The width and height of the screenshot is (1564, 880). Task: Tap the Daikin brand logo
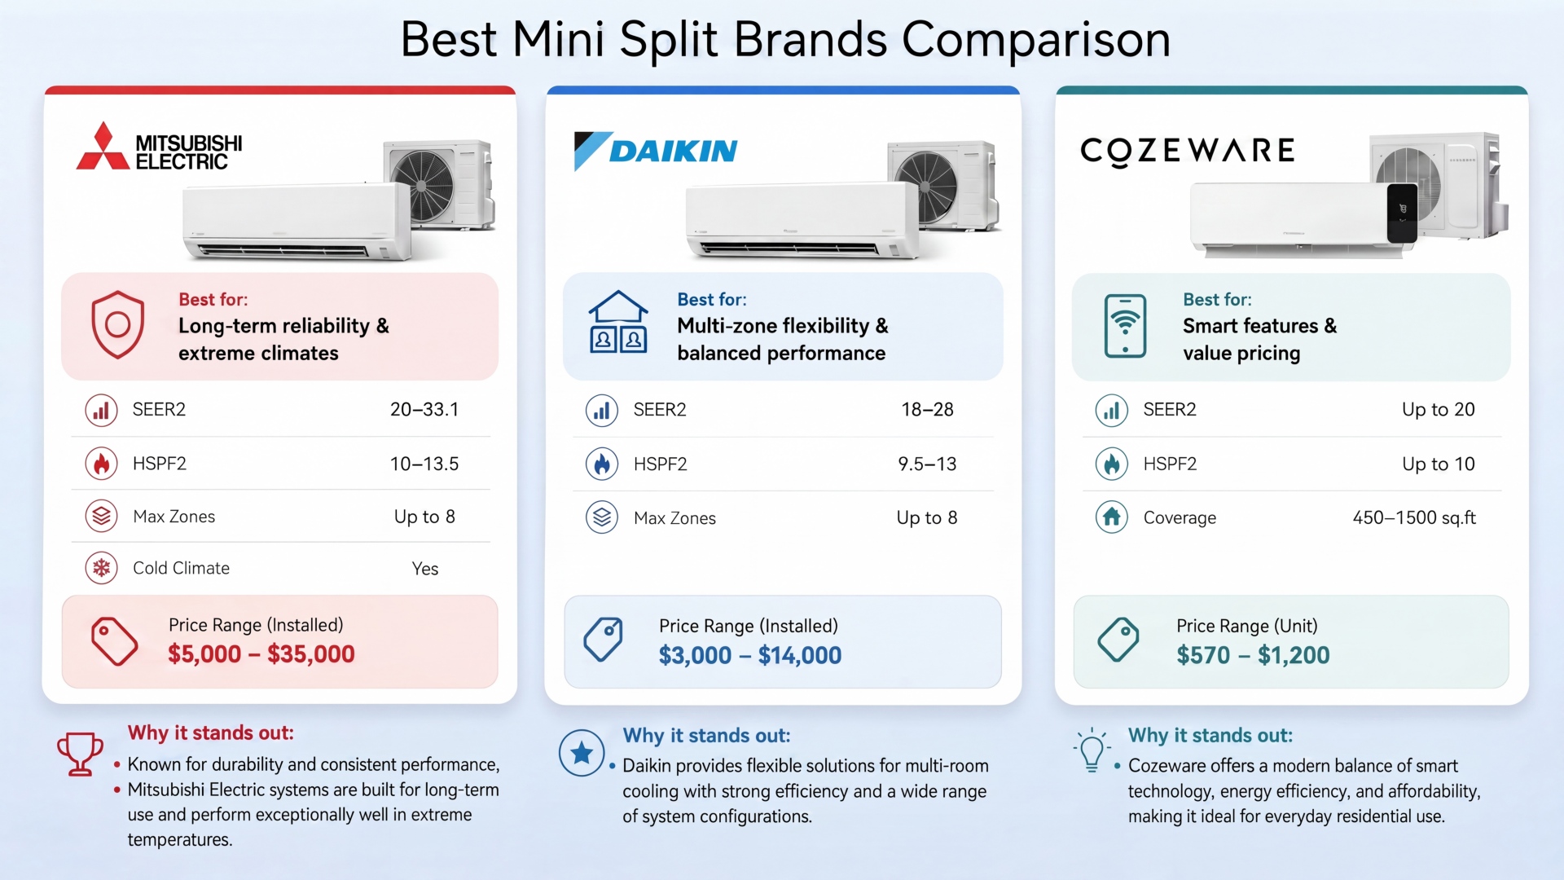(x=656, y=151)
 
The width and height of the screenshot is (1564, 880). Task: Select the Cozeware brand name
(x=1187, y=151)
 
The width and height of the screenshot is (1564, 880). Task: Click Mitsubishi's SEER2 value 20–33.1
(x=424, y=409)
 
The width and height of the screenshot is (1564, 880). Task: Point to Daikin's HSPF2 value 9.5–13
(x=927, y=464)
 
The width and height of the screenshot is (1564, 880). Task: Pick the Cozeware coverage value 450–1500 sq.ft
(x=1414, y=517)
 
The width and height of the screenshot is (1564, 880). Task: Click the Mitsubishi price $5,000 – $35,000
(x=261, y=653)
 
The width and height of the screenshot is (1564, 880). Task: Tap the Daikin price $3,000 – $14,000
(x=750, y=655)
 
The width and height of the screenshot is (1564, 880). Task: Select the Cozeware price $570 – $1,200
(x=1253, y=655)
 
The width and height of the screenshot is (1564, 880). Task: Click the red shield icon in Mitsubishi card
(x=118, y=324)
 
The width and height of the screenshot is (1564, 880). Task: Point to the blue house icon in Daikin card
(x=618, y=322)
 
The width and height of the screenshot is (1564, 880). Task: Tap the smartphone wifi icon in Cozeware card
(x=1125, y=326)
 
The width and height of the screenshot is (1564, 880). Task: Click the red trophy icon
(x=80, y=754)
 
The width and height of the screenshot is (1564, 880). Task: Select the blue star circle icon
(x=582, y=753)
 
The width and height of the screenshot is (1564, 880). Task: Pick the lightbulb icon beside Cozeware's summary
(x=1092, y=750)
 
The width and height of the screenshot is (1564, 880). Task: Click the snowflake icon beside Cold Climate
(x=102, y=568)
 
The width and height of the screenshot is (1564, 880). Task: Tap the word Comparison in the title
(x=1036, y=39)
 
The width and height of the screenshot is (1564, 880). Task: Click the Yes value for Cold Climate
(x=425, y=569)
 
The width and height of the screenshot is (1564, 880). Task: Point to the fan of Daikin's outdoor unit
(x=927, y=187)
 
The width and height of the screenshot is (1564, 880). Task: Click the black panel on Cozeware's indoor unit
(x=1402, y=212)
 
